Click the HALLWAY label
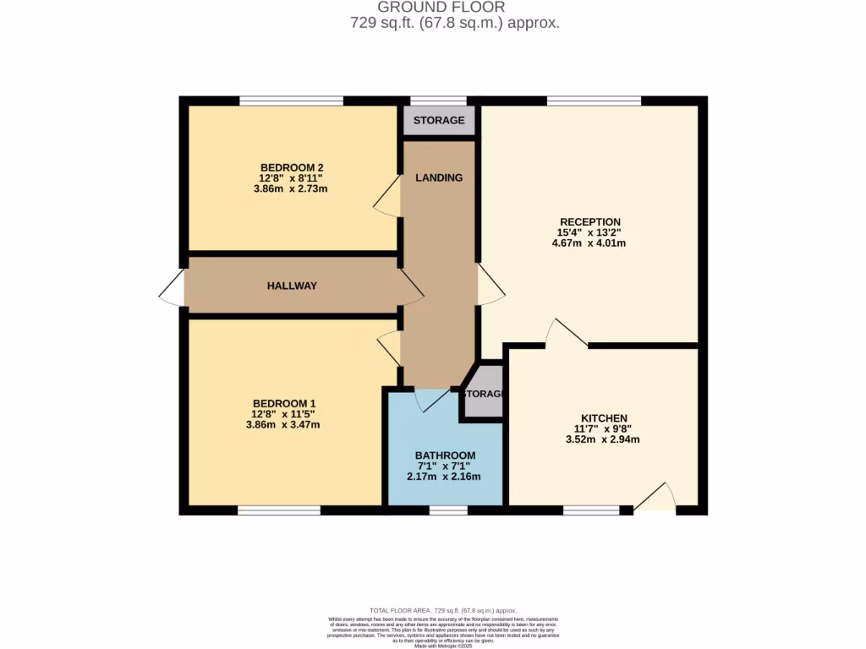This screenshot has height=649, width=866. (x=292, y=286)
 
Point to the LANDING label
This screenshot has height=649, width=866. (x=439, y=177)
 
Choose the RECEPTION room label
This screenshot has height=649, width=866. (x=588, y=222)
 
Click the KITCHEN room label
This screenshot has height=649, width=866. (x=603, y=418)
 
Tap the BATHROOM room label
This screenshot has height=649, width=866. (x=445, y=455)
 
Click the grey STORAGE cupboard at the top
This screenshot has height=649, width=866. (x=438, y=120)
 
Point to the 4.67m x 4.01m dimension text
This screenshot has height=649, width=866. (x=588, y=243)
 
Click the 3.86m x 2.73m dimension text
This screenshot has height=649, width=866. (x=292, y=188)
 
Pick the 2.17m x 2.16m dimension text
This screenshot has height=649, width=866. (x=445, y=477)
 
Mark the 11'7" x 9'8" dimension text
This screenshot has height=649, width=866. (x=603, y=428)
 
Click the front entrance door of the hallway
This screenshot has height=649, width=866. (x=172, y=287)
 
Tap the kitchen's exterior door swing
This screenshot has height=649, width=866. (x=657, y=499)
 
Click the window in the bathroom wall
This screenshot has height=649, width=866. (x=448, y=510)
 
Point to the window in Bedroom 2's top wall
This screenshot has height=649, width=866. (x=291, y=101)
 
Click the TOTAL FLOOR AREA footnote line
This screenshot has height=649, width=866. (x=443, y=610)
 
